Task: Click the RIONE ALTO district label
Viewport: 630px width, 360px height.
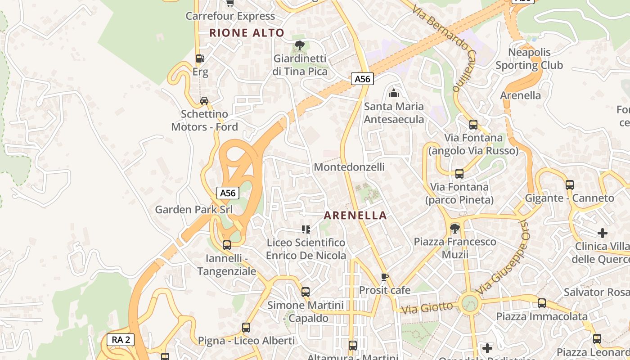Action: [x=247, y=33]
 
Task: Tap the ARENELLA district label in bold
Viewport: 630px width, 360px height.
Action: [x=355, y=216]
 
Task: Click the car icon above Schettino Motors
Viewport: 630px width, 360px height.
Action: [x=204, y=100]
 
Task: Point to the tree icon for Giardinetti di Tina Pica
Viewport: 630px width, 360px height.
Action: [x=299, y=45]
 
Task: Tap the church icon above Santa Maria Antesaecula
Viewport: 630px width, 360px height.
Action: [x=394, y=93]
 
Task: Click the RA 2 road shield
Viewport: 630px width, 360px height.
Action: [x=121, y=340]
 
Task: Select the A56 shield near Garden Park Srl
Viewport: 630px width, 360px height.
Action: [x=228, y=193]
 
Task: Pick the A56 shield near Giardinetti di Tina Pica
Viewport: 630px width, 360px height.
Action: [x=362, y=79]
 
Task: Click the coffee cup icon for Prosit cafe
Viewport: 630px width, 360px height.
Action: [x=384, y=277]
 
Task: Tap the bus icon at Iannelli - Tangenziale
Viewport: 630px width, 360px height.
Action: [x=227, y=245]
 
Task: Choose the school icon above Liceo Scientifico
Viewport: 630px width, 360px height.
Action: [x=306, y=229]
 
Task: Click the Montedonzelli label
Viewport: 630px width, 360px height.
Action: [x=349, y=167]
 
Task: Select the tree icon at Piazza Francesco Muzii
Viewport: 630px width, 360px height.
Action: [x=455, y=229]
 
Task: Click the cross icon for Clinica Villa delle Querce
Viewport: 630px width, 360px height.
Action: [x=603, y=233]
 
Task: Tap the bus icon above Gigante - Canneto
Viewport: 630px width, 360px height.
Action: [x=570, y=184]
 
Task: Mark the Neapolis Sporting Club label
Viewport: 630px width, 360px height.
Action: [x=529, y=59]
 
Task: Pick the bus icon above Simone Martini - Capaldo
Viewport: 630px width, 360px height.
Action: [x=306, y=292]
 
